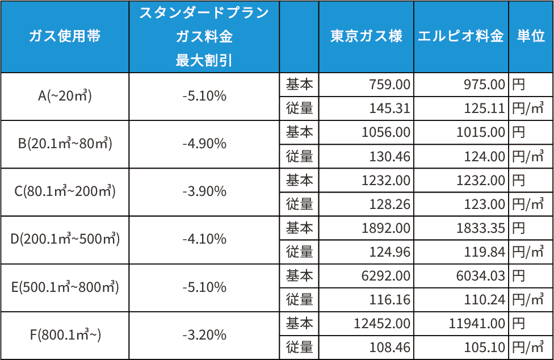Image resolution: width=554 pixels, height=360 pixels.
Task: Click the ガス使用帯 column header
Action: click(65, 36)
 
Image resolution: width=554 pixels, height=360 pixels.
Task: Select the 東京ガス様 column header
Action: click(366, 36)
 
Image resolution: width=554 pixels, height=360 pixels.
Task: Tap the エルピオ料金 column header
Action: click(460, 36)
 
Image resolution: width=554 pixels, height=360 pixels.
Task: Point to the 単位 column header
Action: click(531, 36)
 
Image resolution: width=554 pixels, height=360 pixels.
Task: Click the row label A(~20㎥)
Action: click(65, 97)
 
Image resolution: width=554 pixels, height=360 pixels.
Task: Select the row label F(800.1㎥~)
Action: click(65, 335)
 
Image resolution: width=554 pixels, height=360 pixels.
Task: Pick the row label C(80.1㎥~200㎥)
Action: click(65, 192)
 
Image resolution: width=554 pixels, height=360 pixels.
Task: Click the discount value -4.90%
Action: click(204, 144)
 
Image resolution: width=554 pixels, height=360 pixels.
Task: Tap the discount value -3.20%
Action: click(204, 335)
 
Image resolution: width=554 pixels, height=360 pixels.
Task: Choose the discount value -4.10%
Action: click(204, 240)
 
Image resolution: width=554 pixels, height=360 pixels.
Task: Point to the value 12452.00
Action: click(381, 324)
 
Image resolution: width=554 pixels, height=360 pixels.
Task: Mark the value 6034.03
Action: click(481, 276)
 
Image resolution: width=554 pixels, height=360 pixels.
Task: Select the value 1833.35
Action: click(481, 228)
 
